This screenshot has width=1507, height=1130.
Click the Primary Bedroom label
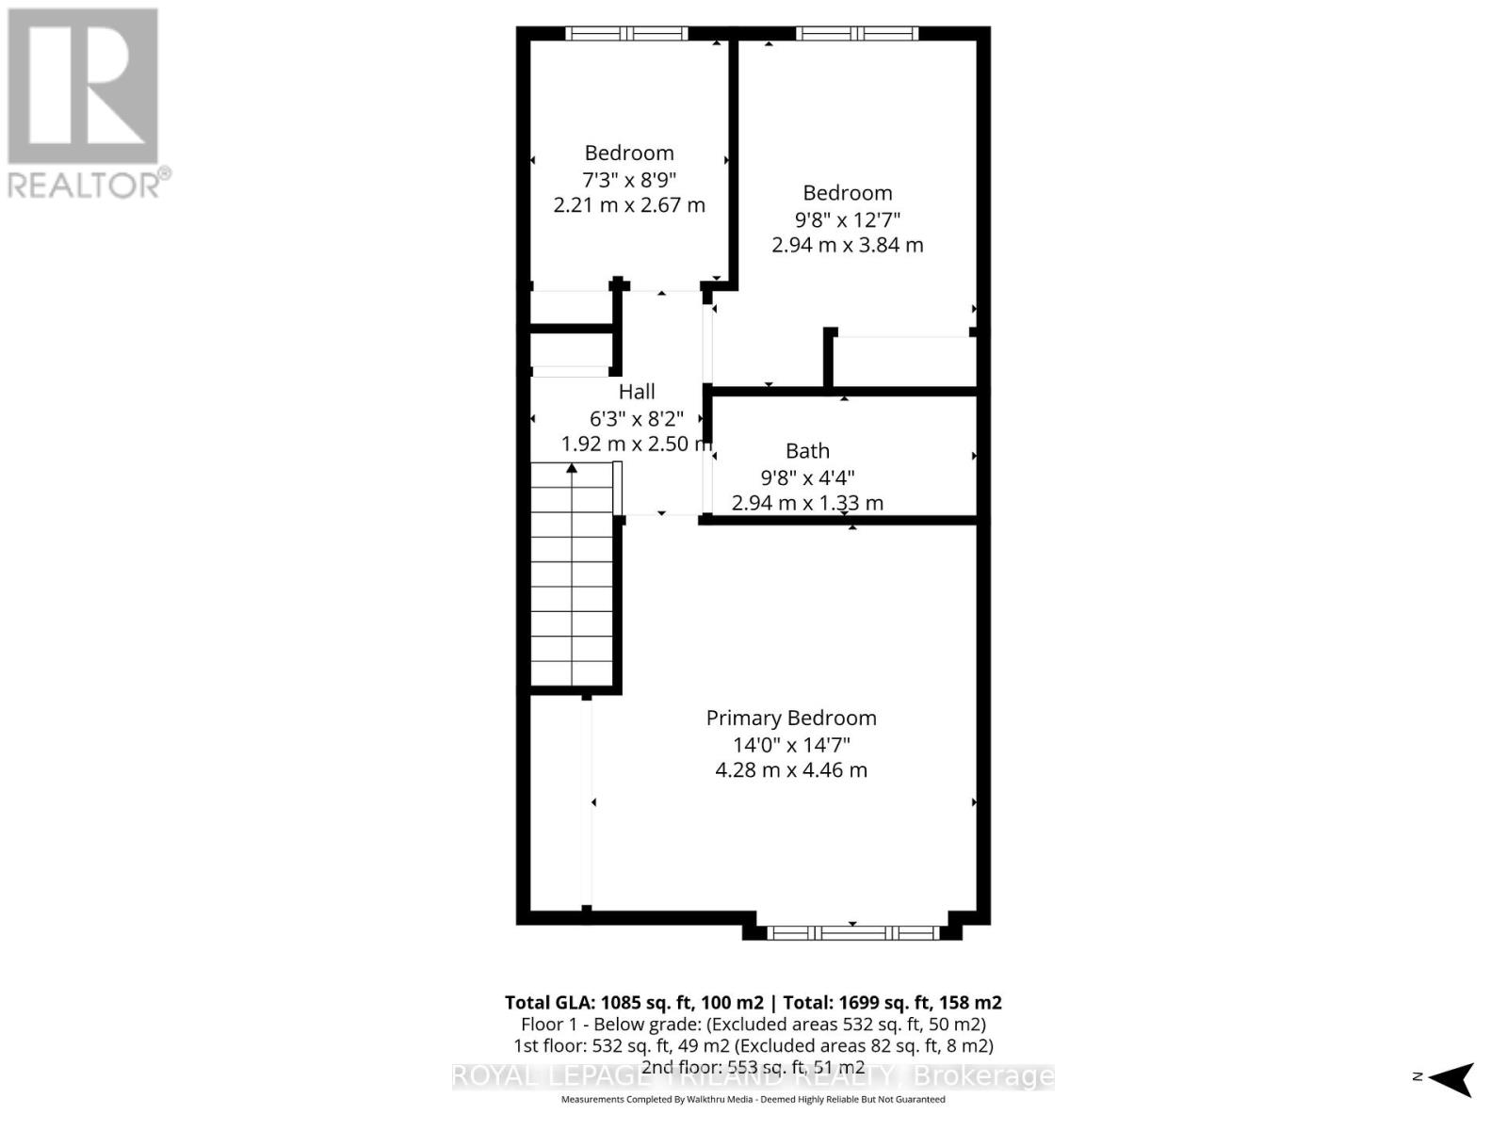(791, 718)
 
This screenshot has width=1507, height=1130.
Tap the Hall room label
(637, 392)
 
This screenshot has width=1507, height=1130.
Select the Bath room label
(807, 451)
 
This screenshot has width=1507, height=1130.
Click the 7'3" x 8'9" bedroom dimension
(629, 179)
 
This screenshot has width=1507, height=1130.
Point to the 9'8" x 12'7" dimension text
(848, 218)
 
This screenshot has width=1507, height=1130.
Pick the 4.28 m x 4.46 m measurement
(791, 770)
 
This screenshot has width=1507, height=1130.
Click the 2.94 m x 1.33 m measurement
(807, 503)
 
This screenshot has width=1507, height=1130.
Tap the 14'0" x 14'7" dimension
(791, 744)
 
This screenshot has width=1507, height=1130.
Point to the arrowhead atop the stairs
(572, 468)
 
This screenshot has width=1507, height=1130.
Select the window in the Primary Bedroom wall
(852, 932)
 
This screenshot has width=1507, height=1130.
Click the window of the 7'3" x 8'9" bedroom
(626, 34)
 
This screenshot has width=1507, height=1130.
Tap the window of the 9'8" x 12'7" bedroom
(856, 34)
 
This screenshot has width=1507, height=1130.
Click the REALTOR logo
(85, 104)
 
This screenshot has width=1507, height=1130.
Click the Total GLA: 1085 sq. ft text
(633, 1002)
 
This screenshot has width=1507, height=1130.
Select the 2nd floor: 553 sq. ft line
(753, 1067)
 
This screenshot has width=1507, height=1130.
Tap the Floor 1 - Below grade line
(753, 1024)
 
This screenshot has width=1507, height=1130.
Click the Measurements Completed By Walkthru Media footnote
(753, 1099)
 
